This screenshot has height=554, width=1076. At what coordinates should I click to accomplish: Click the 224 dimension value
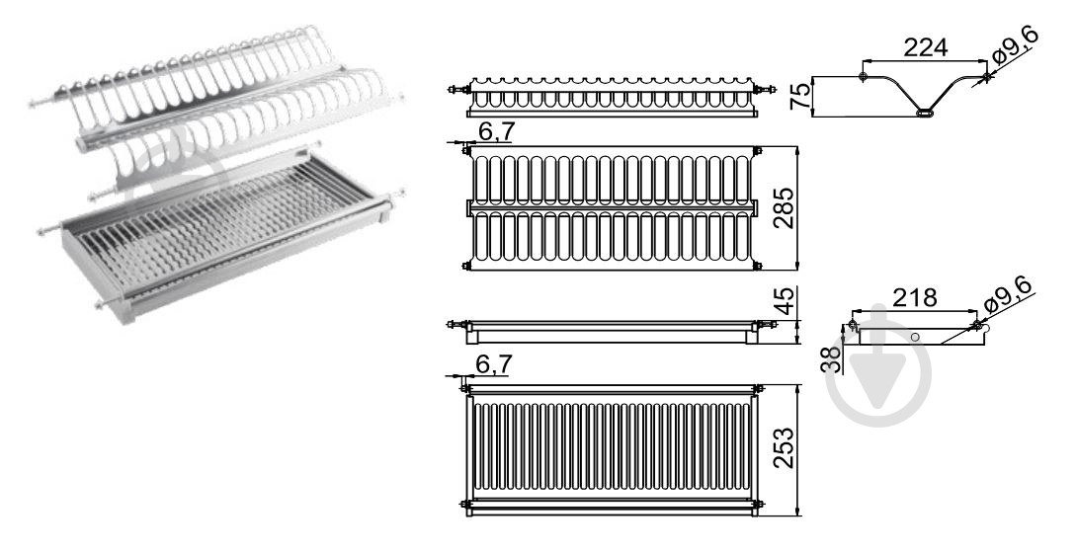coord(925,47)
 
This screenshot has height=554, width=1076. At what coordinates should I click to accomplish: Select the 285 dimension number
coord(785,208)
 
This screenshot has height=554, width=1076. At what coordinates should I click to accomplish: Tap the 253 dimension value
coord(784,448)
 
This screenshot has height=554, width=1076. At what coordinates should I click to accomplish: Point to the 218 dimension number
coord(914,297)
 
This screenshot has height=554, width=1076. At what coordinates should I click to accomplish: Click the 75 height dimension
coord(800,96)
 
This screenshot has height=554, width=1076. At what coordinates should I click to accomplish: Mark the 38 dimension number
coord(831,358)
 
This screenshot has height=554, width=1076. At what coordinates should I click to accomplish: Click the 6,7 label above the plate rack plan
coord(496,131)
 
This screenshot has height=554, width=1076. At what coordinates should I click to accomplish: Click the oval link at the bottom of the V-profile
coord(925,113)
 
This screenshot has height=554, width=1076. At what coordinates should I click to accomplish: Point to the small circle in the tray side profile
coord(915,338)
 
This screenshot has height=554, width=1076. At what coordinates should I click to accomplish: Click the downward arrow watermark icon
coord(878,373)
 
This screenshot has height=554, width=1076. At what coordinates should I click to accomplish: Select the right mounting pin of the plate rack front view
coord(765,89)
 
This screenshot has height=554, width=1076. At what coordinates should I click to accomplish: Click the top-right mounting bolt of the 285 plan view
coord(758,151)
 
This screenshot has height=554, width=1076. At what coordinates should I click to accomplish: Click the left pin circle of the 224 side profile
coord(864,76)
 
